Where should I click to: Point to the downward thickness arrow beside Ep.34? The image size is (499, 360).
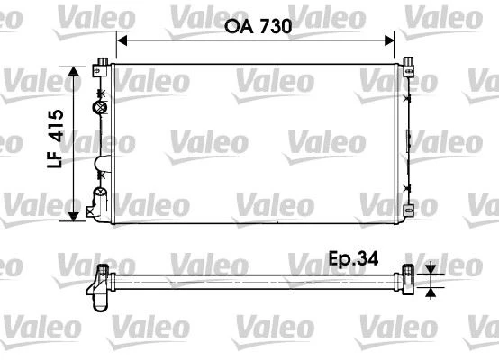[431, 269]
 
